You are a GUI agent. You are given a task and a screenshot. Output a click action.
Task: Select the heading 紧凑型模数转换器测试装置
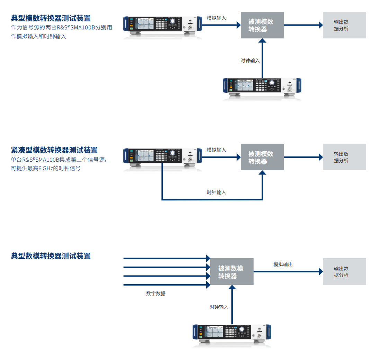[54, 150]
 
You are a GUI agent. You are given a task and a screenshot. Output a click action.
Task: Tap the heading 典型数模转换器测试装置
[51, 256]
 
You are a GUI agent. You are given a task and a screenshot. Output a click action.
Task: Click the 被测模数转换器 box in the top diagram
[262, 25]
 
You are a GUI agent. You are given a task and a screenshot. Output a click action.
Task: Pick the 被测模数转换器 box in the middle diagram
[262, 157]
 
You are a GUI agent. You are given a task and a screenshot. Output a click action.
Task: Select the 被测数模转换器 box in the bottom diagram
[232, 272]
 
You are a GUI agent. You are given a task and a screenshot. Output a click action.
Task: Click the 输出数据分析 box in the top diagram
[344, 25]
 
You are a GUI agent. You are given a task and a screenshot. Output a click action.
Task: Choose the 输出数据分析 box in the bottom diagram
[344, 272]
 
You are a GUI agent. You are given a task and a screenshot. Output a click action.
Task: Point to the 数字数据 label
[156, 294]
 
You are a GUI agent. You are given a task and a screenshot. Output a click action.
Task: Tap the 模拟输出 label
[283, 264]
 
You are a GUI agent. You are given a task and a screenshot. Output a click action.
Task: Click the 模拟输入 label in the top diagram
[216, 18]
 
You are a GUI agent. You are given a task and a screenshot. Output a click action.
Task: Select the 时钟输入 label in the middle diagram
[216, 192]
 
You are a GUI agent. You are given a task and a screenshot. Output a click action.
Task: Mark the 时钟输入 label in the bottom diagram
[219, 307]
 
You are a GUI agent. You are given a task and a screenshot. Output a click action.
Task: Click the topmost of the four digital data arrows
[166, 258]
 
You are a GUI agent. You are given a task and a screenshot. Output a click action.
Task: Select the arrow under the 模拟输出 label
[288, 272]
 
